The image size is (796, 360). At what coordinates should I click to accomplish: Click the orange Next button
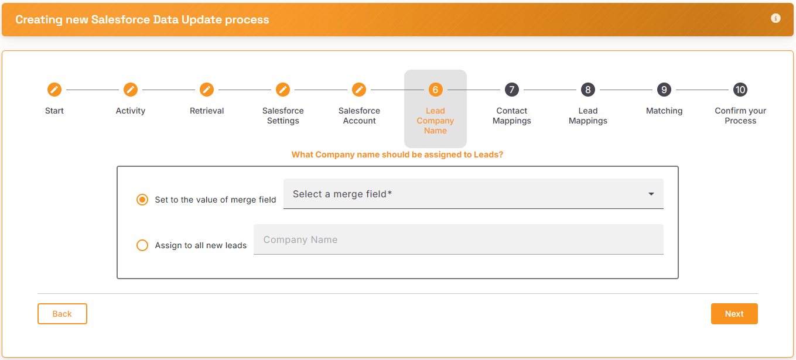734,314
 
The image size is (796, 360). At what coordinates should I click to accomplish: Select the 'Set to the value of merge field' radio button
142,200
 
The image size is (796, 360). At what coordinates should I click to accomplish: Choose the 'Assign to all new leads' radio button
142,245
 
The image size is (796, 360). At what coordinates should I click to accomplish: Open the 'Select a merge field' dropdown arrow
651,194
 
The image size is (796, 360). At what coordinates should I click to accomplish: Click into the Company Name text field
459,239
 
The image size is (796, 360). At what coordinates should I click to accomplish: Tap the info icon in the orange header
775,18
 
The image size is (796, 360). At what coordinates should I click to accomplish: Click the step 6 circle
435,90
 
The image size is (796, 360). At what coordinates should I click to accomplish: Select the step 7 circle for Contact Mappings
512,90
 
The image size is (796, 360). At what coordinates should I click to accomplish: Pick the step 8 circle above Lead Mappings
587,90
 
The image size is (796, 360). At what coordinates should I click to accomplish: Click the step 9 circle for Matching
664,90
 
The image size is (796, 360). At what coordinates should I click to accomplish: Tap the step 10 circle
740,90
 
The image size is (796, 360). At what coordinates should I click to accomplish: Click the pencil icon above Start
54,90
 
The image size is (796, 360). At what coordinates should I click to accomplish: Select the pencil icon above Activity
131,90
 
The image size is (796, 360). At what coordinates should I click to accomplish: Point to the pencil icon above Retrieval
206,90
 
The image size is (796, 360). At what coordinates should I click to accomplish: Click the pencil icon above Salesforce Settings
283,90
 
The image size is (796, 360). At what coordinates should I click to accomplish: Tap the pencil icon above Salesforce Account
359,90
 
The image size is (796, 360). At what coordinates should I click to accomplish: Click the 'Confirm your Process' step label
740,116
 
